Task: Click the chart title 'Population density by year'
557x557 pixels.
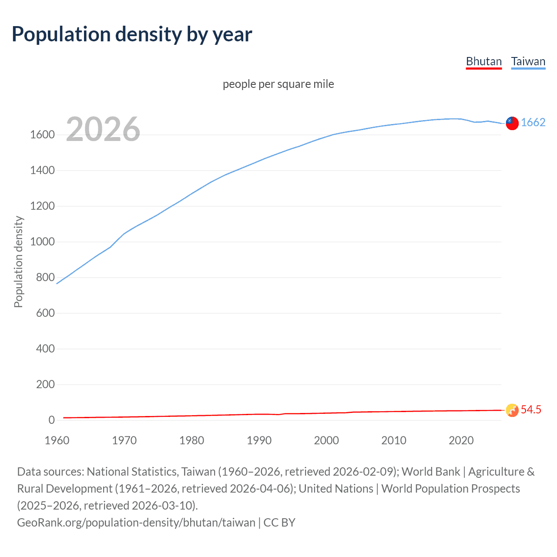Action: tap(132, 34)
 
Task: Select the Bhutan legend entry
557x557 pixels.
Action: tap(483, 61)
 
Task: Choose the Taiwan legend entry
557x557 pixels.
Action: tap(528, 61)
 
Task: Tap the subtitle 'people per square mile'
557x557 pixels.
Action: tap(278, 84)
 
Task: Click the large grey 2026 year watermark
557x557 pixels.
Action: tap(103, 129)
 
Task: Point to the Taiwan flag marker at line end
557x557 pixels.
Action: tap(512, 123)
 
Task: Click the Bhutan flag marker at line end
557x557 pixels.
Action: tap(512, 410)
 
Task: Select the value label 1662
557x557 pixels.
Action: tap(533, 122)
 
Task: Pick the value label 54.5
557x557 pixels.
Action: tap(531, 409)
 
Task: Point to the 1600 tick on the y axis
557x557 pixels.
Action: tap(42, 135)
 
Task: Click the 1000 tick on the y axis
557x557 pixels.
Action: tap(42, 242)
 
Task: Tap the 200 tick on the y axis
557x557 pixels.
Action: tap(45, 384)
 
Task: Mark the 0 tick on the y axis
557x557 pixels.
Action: tap(51, 420)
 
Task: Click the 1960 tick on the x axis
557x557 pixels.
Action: tap(57, 440)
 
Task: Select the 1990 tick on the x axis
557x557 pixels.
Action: tap(259, 440)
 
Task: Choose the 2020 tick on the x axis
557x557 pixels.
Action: tap(461, 440)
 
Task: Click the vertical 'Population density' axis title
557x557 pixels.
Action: tap(18, 262)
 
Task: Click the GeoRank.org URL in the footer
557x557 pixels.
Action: tap(136, 522)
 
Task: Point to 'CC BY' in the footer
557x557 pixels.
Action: tap(279, 522)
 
